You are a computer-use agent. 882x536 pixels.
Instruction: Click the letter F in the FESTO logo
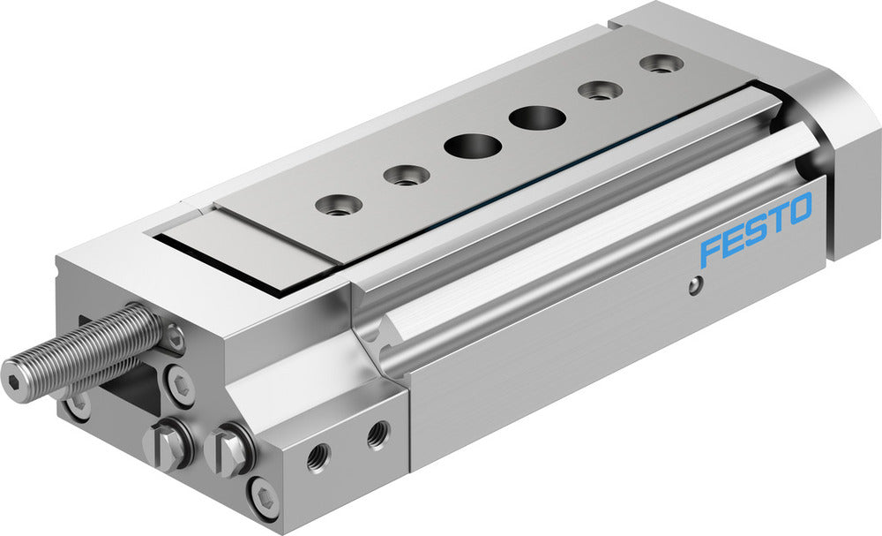(711, 252)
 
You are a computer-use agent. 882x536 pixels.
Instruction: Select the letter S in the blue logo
(755, 231)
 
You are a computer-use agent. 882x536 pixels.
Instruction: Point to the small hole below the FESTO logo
(696, 284)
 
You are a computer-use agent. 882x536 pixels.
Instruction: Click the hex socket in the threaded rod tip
(15, 370)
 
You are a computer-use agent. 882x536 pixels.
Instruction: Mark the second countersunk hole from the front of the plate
(406, 176)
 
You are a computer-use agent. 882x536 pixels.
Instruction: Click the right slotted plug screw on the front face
(230, 449)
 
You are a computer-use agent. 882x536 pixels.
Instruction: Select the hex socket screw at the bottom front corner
(264, 498)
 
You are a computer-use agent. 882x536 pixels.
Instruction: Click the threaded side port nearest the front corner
(318, 457)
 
